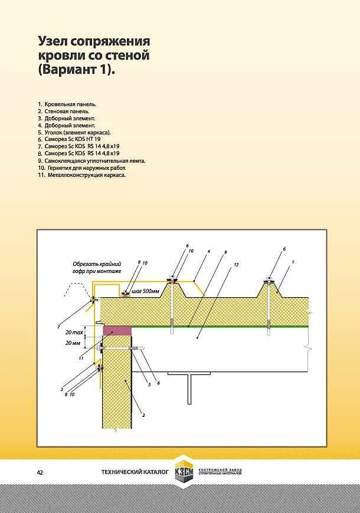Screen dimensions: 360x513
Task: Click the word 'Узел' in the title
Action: pyautogui.click(x=54, y=42)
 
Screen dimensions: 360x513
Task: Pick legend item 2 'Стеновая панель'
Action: pyautogui.click(x=67, y=111)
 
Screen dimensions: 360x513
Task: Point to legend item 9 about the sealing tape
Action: pyautogui.click(x=94, y=160)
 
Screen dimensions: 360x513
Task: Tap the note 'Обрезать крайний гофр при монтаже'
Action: pyautogui.click(x=97, y=267)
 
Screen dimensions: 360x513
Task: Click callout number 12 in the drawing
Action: pyautogui.click(x=236, y=265)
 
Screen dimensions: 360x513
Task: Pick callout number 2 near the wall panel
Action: pyautogui.click(x=144, y=415)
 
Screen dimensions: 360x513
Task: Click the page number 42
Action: pyautogui.click(x=40, y=472)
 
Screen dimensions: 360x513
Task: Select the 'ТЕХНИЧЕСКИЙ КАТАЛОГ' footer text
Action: pyautogui.click(x=135, y=472)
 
